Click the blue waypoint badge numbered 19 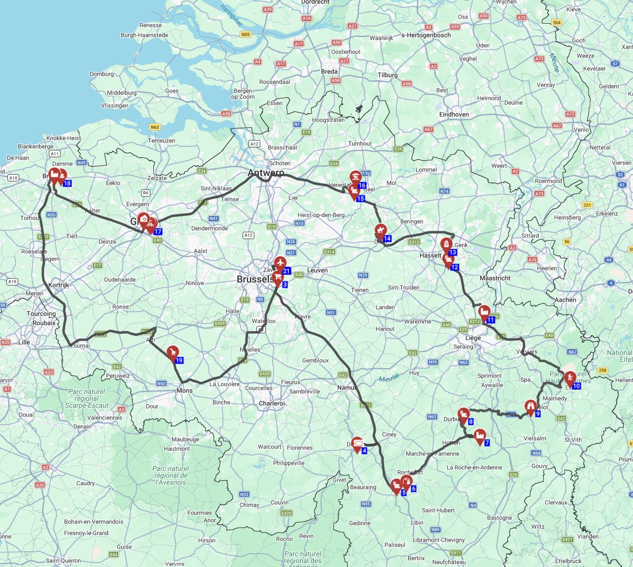point(179,360)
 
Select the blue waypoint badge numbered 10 point(576,386)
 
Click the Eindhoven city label point(454,114)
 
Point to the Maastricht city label point(495,278)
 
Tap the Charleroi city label point(272,403)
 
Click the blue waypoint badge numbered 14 point(387,239)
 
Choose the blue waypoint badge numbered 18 point(67,183)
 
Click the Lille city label point(24,342)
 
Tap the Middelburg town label point(122,93)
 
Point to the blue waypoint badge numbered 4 point(364,451)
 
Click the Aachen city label point(565,300)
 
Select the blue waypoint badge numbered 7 point(487,443)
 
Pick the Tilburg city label point(387,75)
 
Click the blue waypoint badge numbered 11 point(491,320)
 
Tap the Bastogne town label point(499,518)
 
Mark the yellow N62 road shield point(155,127)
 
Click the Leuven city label point(317,270)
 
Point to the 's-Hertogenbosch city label point(425,35)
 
